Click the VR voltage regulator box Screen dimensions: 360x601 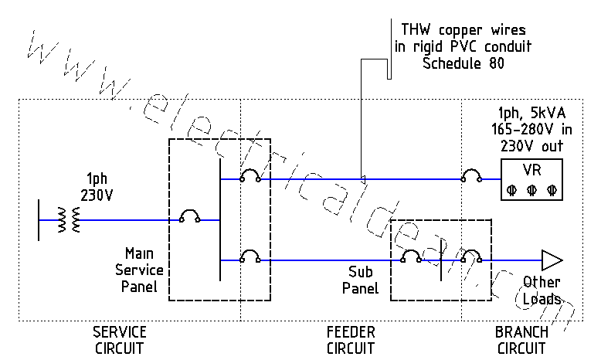pos(530,179)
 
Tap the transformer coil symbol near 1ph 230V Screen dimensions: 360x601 pos(75,219)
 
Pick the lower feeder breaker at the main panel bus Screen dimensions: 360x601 pos(250,256)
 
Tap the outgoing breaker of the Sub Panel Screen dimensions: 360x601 pos(471,256)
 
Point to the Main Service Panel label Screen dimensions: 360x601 pos(139,270)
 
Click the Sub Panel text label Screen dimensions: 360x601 pos(360,281)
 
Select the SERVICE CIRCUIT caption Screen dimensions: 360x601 pos(120,339)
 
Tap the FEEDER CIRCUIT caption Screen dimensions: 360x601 pos(351,339)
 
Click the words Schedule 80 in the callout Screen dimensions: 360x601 pos(463,63)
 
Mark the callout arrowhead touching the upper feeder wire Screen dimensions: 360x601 pos(362,179)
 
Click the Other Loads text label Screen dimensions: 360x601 pos(542,290)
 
